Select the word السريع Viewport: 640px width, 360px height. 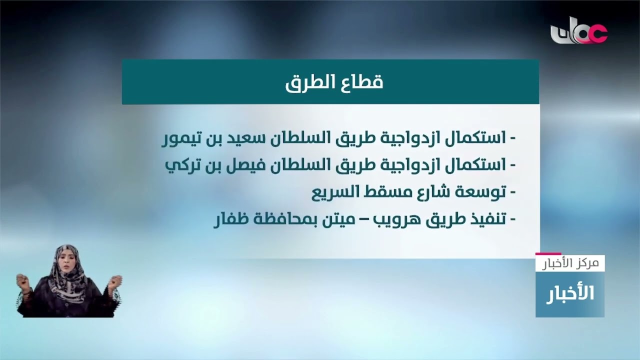pos(332,192)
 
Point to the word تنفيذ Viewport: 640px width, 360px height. pos(482,219)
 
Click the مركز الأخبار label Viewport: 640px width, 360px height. pos(570,263)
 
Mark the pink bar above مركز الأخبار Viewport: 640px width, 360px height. pos(548,254)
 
